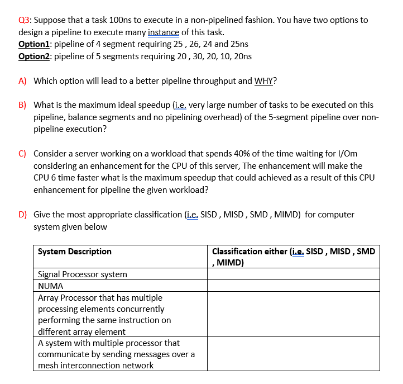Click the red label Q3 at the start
tap(25, 20)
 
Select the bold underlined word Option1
tap(35, 44)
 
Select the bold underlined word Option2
tap(35, 56)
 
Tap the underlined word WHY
tap(265, 80)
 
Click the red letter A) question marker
tap(22, 80)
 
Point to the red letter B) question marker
tap(22, 105)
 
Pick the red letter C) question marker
tap(22, 153)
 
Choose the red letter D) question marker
tap(22, 215)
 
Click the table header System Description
tap(75, 252)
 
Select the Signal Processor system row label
tap(83, 274)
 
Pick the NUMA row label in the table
tap(51, 286)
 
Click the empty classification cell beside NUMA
tap(293, 286)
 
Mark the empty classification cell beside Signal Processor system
tap(293, 274)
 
